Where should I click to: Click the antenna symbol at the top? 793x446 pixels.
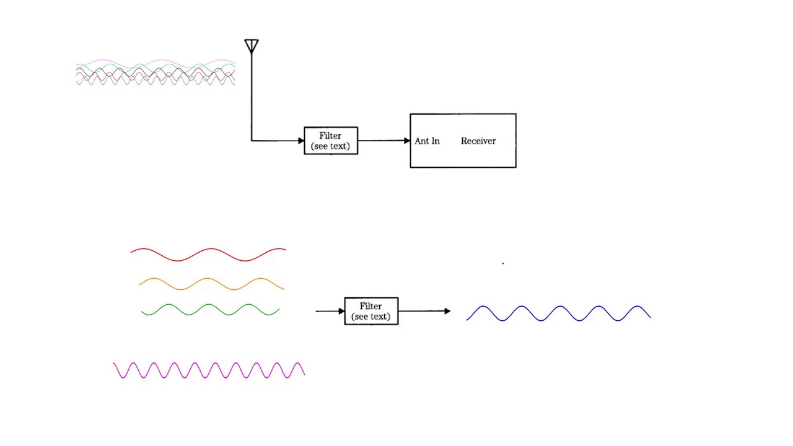click(252, 46)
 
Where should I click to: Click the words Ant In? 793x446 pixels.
click(427, 141)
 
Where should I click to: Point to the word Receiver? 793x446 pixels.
click(478, 141)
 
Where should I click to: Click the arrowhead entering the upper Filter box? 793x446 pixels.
click(301, 141)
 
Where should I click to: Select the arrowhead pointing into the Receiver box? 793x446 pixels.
click(407, 141)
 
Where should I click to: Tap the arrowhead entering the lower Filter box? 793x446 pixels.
click(341, 311)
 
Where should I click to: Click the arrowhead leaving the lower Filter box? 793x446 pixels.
click(447, 311)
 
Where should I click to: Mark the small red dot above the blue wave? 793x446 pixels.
click(502, 263)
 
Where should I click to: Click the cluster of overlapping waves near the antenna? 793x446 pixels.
click(156, 72)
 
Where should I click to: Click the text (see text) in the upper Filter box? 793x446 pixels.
click(330, 146)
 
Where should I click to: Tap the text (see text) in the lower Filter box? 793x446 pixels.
click(370, 317)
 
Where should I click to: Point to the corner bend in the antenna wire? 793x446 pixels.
click(252, 141)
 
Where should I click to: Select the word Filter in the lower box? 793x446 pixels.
click(370, 306)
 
